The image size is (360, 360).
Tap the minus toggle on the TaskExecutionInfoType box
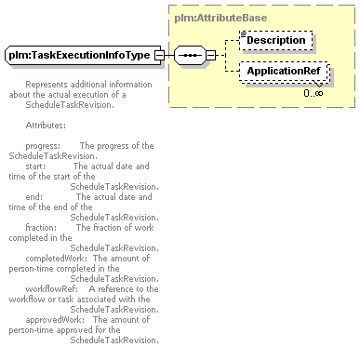[x=159, y=55]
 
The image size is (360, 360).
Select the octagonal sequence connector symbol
[x=190, y=55]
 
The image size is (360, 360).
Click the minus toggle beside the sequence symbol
[x=211, y=55]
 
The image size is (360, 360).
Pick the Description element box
[x=276, y=40]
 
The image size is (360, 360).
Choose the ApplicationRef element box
[x=284, y=72]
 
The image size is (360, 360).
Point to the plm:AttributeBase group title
[x=220, y=18]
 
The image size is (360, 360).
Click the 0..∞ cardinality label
[x=313, y=93]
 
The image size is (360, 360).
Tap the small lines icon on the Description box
[x=244, y=33]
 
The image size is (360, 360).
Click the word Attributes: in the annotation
[x=46, y=126]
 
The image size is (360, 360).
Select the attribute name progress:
[x=43, y=146]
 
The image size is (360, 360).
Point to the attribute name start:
[x=35, y=167]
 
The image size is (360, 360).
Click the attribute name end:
[x=34, y=197]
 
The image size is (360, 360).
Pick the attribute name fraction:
[x=41, y=228]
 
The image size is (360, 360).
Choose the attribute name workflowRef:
[x=52, y=289]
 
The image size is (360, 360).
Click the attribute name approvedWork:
[x=55, y=320]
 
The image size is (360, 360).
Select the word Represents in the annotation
[x=47, y=85]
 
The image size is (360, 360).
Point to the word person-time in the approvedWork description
[x=27, y=330]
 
